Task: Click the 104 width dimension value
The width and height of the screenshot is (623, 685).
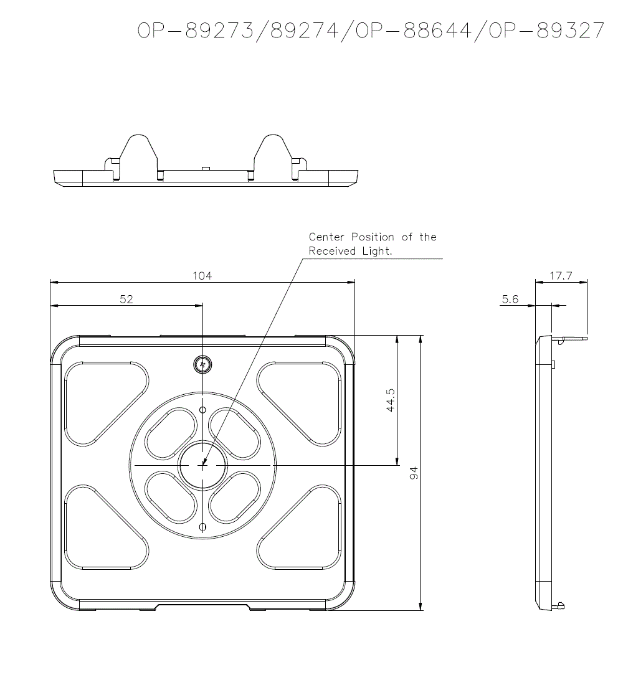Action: pyautogui.click(x=202, y=276)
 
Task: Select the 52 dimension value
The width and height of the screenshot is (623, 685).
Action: pyautogui.click(x=126, y=300)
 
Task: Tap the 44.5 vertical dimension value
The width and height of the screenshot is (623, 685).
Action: pyautogui.click(x=391, y=400)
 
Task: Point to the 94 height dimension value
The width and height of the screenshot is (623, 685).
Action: pyautogui.click(x=414, y=473)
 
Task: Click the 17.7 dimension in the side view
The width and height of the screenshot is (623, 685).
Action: pyautogui.click(x=561, y=276)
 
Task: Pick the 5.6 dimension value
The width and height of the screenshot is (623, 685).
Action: pyautogui.click(x=510, y=300)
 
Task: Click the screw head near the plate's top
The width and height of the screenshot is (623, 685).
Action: pyautogui.click(x=202, y=364)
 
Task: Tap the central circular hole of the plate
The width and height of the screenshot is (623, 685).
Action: pyautogui.click(x=203, y=465)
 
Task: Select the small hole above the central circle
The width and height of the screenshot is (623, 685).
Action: pyautogui.click(x=202, y=410)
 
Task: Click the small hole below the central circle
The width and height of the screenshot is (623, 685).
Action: pyautogui.click(x=202, y=527)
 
